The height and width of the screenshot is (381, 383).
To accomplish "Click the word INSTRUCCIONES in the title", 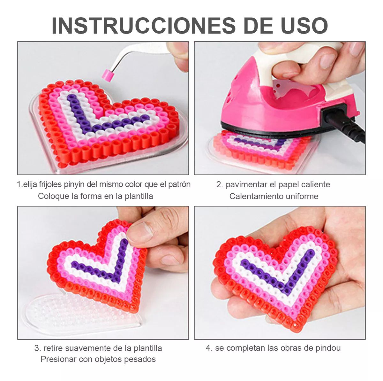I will [143, 26].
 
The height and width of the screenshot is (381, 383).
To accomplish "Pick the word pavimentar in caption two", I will [245, 184].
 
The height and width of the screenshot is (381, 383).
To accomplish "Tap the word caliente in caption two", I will [315, 184].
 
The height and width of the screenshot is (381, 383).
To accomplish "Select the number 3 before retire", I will [37, 348].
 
